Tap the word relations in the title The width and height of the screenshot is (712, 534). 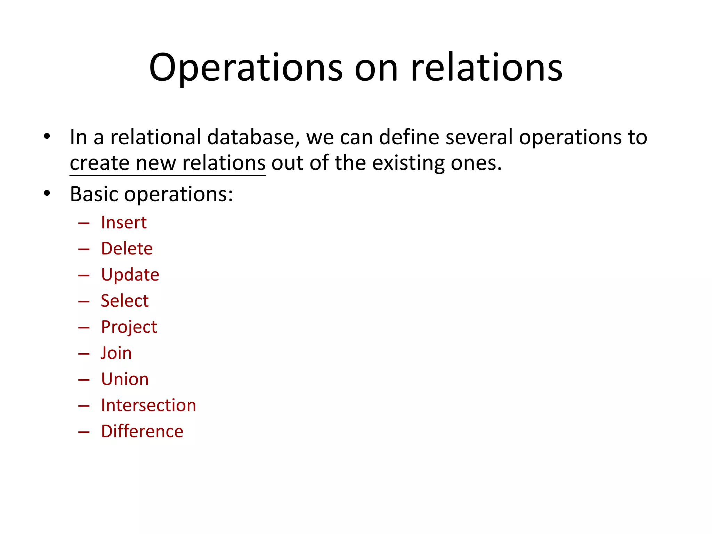click(x=486, y=68)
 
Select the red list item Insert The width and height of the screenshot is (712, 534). click(x=124, y=222)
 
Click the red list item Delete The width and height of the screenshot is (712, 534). click(x=127, y=249)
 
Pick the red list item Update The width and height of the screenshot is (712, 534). click(x=130, y=275)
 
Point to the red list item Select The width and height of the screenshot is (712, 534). click(x=125, y=301)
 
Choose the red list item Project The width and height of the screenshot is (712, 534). click(x=129, y=327)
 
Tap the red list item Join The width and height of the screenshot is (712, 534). click(x=116, y=353)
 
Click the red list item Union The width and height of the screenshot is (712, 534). click(x=125, y=379)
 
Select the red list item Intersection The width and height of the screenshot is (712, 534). click(x=148, y=405)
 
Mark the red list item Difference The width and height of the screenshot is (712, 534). click(x=142, y=431)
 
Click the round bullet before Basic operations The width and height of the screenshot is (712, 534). click(x=47, y=193)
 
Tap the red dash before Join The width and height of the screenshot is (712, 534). click(x=84, y=354)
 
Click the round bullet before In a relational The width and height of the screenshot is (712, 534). click(x=47, y=136)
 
